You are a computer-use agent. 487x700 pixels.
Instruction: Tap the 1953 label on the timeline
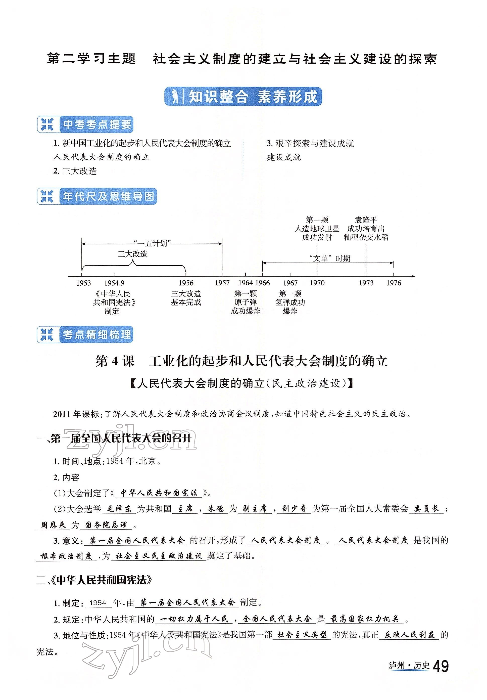[x=83, y=283]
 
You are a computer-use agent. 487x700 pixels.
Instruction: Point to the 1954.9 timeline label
[x=114, y=283]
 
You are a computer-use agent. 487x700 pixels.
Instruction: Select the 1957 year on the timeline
[x=222, y=283]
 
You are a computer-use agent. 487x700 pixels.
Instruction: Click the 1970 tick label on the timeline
[x=317, y=283]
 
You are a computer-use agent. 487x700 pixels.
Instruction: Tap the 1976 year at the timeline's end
[x=394, y=283]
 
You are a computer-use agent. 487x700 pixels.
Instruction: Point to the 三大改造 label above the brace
[x=133, y=254]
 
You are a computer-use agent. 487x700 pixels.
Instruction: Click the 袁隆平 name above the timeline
[x=366, y=220]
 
